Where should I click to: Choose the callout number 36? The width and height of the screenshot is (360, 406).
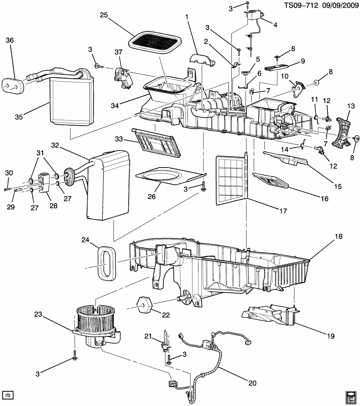(x=10, y=41)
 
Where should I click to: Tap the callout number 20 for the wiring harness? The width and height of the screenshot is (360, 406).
(x=252, y=384)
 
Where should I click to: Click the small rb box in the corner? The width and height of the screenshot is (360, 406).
(x=8, y=395)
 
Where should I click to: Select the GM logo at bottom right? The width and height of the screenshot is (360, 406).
(x=350, y=397)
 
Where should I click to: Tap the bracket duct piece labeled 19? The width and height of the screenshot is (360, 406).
(x=271, y=315)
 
